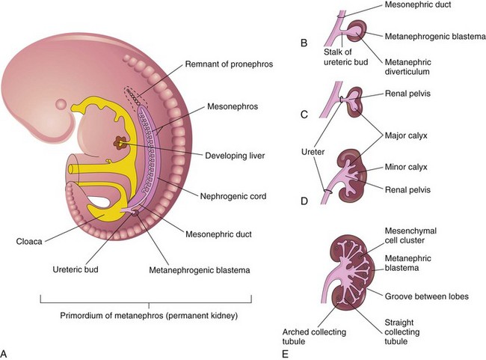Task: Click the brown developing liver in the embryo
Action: click(119, 141)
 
